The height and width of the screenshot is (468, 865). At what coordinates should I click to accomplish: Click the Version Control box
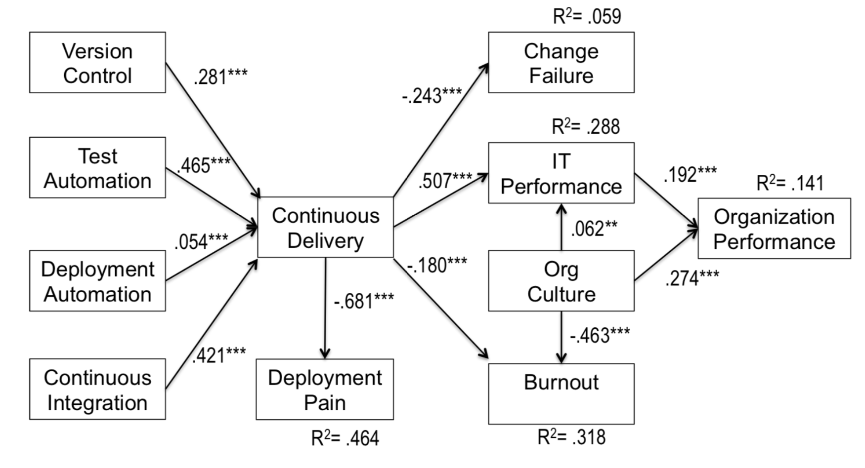97,63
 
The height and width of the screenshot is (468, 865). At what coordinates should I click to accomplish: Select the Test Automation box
97,168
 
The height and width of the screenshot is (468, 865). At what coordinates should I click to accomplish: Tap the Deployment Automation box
97,281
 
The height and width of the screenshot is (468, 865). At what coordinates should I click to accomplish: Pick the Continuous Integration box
97,390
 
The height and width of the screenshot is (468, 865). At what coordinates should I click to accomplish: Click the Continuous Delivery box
325,228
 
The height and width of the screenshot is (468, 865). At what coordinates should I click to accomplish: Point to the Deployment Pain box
325,390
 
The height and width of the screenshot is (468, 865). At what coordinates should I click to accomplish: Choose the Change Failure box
561,63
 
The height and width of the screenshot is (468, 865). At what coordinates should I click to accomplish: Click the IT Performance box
561,173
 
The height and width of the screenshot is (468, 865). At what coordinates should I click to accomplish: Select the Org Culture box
561,281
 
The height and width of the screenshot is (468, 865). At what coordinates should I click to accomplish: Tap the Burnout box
561,394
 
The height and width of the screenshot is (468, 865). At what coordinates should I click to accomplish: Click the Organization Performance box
774,229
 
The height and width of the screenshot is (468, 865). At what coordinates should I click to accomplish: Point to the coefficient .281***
220,77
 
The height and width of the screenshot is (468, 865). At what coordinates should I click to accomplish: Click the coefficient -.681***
364,300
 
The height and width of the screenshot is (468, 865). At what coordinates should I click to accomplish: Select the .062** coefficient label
594,229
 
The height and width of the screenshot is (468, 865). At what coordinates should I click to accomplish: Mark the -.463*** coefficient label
600,335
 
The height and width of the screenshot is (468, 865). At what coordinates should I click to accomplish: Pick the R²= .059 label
587,16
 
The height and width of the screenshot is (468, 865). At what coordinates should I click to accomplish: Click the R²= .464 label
345,438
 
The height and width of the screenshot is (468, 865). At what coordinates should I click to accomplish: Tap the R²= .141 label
790,183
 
